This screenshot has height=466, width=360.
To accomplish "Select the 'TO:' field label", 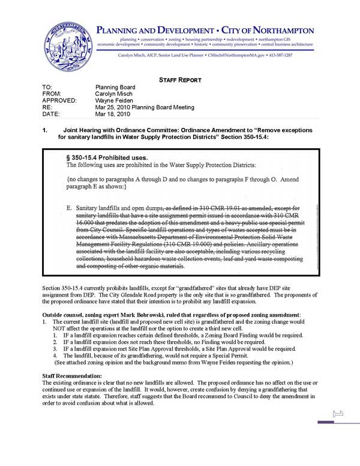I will [48, 88].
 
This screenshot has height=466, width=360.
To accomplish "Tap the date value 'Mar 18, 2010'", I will [113, 114].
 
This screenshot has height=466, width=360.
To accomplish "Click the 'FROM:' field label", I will [52, 94].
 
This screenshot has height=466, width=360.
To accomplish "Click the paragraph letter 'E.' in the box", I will [70, 208].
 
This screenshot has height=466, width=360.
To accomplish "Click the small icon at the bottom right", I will [337, 413].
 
